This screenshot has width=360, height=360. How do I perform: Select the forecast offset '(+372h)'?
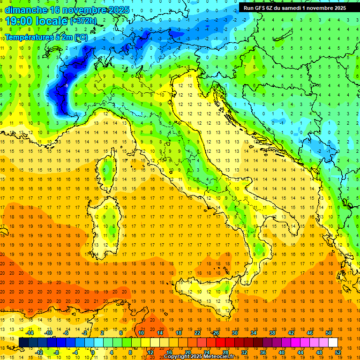tap(84, 21)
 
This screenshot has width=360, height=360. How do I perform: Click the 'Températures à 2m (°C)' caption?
tap(46, 37)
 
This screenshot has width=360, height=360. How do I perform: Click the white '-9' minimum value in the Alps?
tap(67, 85)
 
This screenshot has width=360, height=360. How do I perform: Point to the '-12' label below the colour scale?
tap(39, 352)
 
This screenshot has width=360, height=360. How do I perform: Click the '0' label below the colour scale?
tap(93, 352)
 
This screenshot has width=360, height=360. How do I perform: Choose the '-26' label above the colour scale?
tap(216, 332)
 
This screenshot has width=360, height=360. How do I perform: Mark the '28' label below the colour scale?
tap(225, 352)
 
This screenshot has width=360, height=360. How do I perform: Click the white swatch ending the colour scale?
tap(333, 342)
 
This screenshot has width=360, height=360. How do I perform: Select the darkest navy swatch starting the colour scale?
tap(23, 342)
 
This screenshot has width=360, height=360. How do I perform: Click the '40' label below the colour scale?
tap(281, 352)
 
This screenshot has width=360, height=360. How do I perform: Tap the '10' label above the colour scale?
tap(141, 332)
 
